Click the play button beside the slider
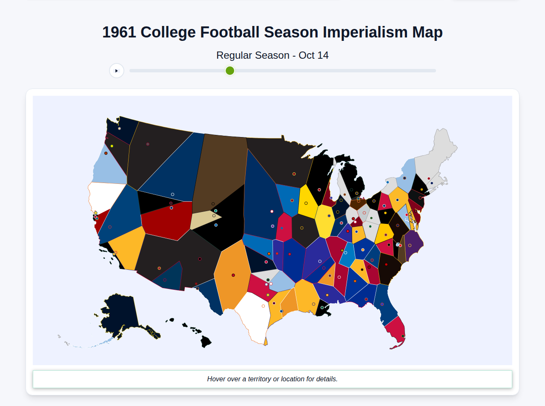point(117,71)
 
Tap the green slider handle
point(230,71)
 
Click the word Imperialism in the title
point(365,32)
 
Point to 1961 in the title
point(119,32)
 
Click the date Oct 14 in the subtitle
point(313,55)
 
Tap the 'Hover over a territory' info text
point(272,379)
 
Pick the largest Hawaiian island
point(206,341)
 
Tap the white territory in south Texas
point(253,315)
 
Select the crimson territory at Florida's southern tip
point(396,332)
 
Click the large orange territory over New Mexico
point(232,277)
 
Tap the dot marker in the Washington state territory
point(119,128)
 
